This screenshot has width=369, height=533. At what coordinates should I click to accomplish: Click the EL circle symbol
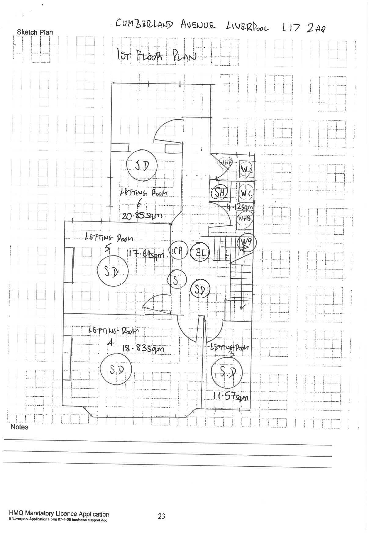point(199,252)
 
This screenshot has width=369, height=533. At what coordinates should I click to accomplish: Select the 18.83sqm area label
point(143,348)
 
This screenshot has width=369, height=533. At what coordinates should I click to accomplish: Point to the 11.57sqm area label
point(231,397)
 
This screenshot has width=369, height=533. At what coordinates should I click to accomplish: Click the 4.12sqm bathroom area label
point(240,207)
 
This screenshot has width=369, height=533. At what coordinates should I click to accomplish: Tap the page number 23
point(162,516)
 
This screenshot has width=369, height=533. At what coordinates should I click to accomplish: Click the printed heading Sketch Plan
point(35,32)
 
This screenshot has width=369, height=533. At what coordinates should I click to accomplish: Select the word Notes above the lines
point(19,427)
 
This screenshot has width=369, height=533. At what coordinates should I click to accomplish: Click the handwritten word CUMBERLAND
point(144,24)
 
